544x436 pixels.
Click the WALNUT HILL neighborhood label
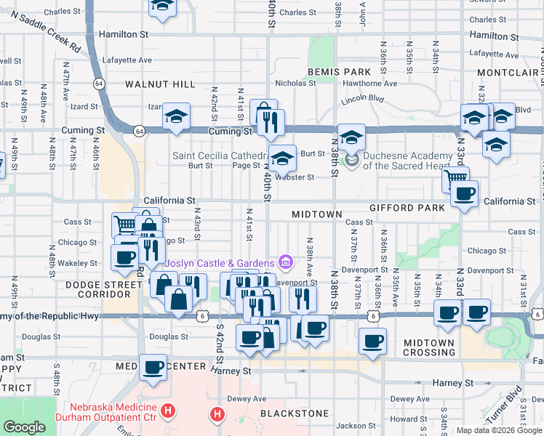point(160,84)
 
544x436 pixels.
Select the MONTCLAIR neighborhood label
point(508,73)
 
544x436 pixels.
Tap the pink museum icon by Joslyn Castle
point(285,262)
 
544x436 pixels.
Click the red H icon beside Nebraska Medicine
point(169,412)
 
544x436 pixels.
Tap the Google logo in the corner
point(25,427)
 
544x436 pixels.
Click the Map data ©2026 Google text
point(498,430)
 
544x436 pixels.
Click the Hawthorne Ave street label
point(370,83)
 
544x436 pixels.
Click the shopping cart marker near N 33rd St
point(455,177)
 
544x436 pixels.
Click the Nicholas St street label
point(295,83)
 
